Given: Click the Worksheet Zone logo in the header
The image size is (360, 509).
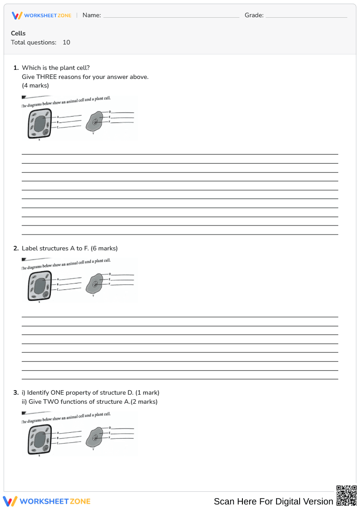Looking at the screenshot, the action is click(x=41, y=15).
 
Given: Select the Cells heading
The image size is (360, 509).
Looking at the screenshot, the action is click(x=18, y=33).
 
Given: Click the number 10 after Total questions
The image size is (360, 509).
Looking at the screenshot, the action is click(x=66, y=42).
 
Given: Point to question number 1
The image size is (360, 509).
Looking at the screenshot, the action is click(x=16, y=68).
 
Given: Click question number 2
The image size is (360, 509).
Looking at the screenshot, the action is click(x=16, y=248).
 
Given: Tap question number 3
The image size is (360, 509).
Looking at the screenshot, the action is click(x=16, y=392).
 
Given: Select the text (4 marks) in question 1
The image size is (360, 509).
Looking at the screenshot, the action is click(x=35, y=85).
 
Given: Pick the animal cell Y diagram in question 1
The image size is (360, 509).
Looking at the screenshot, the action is click(x=94, y=122).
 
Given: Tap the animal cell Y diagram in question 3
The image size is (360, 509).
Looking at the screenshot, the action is click(x=94, y=438).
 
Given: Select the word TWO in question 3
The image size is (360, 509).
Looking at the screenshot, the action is click(x=51, y=401).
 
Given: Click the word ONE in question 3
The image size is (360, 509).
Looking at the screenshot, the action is click(x=58, y=392).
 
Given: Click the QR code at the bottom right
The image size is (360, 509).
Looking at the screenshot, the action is click(x=346, y=495).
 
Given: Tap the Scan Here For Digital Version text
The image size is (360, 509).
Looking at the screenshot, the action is click(x=273, y=501).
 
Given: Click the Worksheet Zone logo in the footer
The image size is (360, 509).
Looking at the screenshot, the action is click(x=47, y=501).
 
